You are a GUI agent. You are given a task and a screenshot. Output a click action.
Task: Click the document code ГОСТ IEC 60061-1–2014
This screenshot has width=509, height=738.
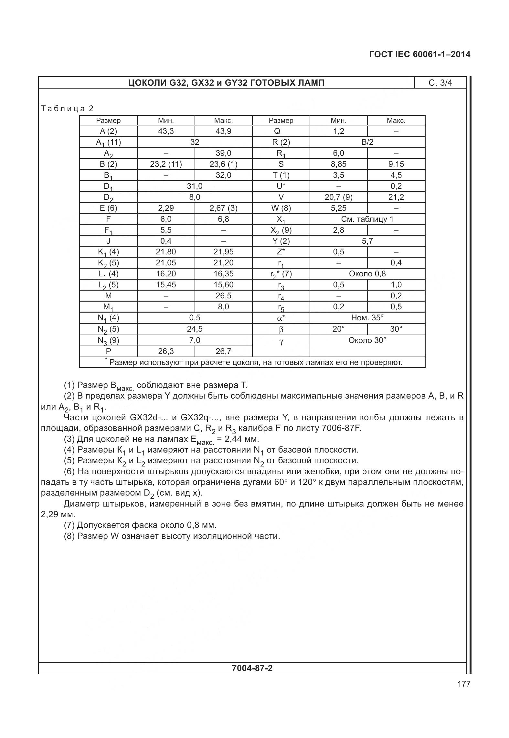click(x=419, y=54)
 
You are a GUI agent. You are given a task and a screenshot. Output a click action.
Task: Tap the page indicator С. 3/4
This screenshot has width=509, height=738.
click(x=440, y=83)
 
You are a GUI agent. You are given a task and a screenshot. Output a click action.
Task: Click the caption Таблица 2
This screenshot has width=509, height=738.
click(x=67, y=109)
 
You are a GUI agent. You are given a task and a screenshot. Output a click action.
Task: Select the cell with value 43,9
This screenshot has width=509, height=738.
click(x=223, y=131)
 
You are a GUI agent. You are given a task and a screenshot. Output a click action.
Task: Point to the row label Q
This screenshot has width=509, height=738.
click(x=281, y=131)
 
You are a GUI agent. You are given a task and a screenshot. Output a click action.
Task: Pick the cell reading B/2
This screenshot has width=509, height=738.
click(x=367, y=142)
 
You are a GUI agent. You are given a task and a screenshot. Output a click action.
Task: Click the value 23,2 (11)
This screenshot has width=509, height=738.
click(x=166, y=164)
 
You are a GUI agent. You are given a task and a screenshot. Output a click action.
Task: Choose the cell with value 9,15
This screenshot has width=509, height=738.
click(x=396, y=164)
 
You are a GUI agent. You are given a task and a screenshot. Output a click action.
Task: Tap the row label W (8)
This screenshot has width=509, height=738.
click(x=281, y=208)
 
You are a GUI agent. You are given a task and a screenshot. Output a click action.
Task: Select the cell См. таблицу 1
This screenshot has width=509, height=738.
click(x=367, y=219)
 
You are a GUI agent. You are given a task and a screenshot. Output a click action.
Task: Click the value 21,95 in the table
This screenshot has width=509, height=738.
click(x=223, y=252)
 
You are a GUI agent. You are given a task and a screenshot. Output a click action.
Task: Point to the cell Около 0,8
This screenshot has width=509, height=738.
click(x=367, y=274)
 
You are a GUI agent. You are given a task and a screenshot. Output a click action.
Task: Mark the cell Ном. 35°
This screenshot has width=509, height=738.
click(x=367, y=318)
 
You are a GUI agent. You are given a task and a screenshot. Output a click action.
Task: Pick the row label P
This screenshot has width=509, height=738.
click(x=108, y=351)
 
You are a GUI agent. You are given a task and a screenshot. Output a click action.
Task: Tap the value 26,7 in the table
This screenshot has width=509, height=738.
click(x=223, y=351)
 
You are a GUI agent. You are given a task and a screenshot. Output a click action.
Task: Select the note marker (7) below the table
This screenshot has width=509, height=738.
click(x=69, y=525)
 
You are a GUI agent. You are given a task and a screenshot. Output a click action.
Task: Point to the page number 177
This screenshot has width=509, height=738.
click(x=463, y=684)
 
